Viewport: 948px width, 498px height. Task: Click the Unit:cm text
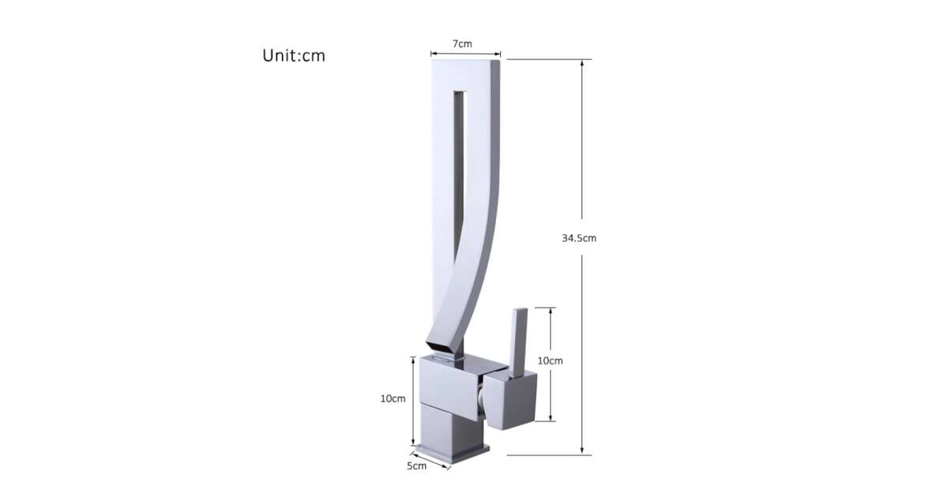click(294, 56)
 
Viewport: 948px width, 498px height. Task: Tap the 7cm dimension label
click(462, 43)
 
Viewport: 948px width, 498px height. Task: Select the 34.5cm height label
click(579, 238)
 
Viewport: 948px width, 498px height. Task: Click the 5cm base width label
click(416, 466)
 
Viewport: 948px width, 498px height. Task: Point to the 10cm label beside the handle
click(550, 360)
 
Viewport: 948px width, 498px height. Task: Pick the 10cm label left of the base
click(393, 398)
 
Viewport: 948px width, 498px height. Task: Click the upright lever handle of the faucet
click(519, 343)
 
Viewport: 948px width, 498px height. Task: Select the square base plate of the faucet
click(452, 452)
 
